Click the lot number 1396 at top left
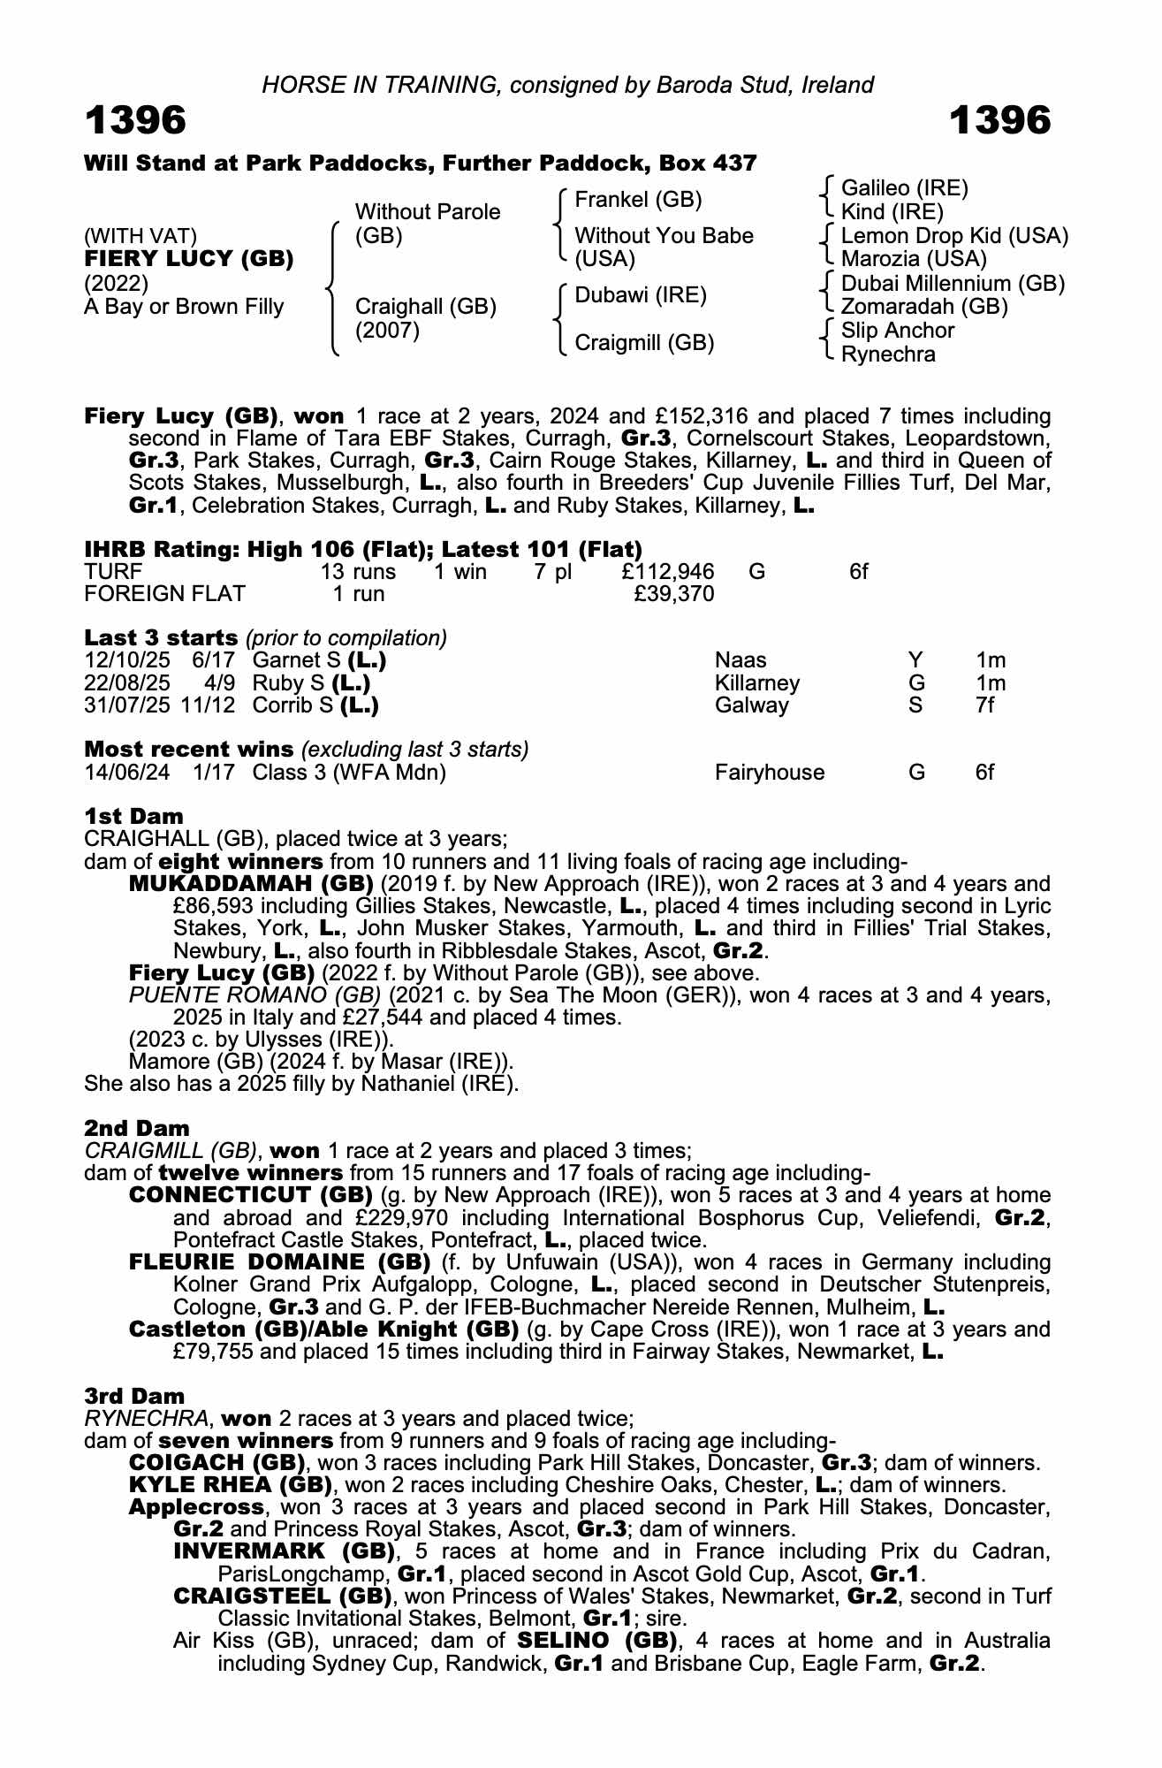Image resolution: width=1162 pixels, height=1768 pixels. (135, 120)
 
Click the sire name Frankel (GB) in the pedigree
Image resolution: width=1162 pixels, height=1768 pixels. (638, 200)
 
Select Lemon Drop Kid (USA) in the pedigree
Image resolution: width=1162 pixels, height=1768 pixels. (954, 236)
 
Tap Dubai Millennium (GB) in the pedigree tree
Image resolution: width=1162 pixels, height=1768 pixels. (953, 284)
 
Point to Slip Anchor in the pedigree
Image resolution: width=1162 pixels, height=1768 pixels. (897, 331)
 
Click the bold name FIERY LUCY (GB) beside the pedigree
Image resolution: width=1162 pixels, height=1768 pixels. (189, 259)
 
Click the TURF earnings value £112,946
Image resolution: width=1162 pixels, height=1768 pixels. (668, 572)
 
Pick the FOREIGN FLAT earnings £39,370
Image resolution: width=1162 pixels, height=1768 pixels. (674, 594)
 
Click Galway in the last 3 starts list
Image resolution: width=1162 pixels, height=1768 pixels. (751, 705)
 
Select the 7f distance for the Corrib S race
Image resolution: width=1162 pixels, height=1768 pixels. (985, 705)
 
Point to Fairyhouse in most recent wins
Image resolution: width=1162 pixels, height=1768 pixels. (769, 773)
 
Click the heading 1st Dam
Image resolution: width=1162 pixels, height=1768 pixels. (133, 816)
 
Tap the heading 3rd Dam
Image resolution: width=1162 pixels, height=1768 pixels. (134, 1396)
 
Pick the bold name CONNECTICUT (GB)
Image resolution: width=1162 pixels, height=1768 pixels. (251, 1196)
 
